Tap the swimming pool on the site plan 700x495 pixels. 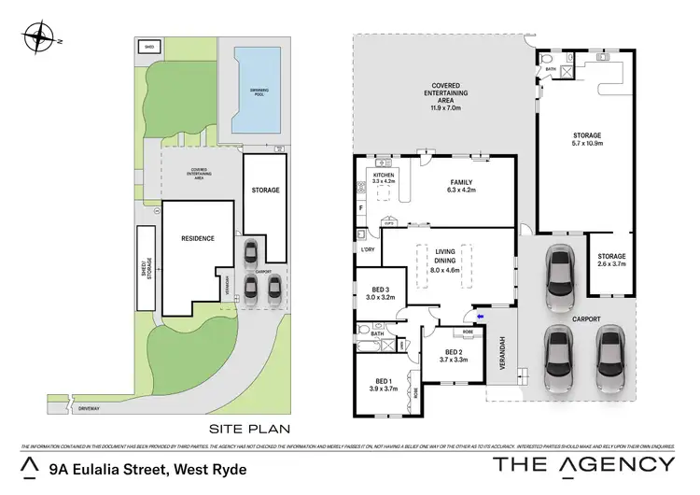click(x=258, y=90)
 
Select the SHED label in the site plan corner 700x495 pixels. click(x=148, y=46)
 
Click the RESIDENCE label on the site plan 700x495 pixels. click(x=197, y=238)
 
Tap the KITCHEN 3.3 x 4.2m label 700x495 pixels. click(x=385, y=177)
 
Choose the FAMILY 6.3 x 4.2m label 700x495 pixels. click(x=462, y=185)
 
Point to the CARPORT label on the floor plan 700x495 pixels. click(x=587, y=318)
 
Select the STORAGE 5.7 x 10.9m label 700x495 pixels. click(x=587, y=139)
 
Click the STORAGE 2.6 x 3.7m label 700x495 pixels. click(x=611, y=261)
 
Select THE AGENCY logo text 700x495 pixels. click(x=582, y=464)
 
